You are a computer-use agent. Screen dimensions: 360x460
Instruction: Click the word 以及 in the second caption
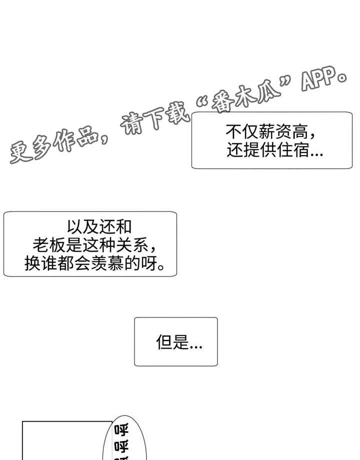point(83,226)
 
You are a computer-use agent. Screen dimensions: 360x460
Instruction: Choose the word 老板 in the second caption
point(49,244)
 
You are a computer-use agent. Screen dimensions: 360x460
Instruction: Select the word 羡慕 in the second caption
point(107,263)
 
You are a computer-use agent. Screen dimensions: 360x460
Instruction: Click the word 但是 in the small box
point(172,341)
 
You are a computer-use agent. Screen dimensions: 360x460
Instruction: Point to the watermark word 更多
point(31,148)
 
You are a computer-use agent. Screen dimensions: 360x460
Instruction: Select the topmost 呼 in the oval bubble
point(121,430)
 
